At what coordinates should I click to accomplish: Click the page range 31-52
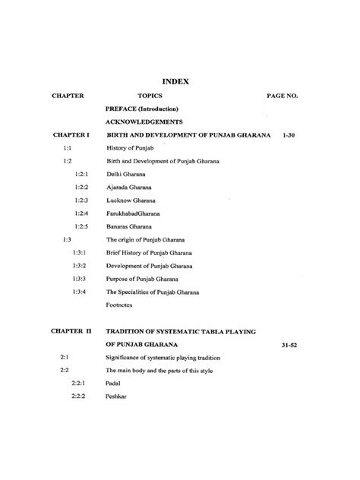pyautogui.click(x=286, y=345)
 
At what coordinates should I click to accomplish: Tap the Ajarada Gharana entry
pyautogui.click(x=130, y=187)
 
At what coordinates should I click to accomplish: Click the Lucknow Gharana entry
pyautogui.click(x=131, y=200)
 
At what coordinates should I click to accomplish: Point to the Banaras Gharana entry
pyautogui.click(x=131, y=226)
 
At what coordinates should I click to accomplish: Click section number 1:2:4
pyautogui.click(x=82, y=213)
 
